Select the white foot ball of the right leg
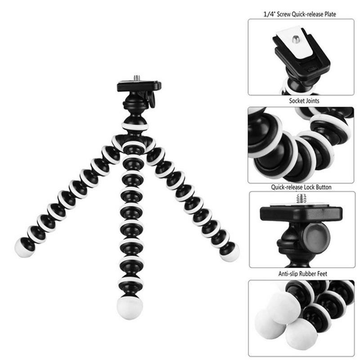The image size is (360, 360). [230, 252]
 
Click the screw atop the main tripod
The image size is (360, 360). [137, 77]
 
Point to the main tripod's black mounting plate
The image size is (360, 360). [139, 86]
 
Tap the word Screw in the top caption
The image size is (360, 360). [283, 14]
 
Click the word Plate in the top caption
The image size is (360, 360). [330, 14]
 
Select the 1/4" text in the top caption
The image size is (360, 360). [269, 14]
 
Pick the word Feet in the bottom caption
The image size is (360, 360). [322, 274]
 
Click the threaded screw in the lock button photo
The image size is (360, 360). [301, 199]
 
